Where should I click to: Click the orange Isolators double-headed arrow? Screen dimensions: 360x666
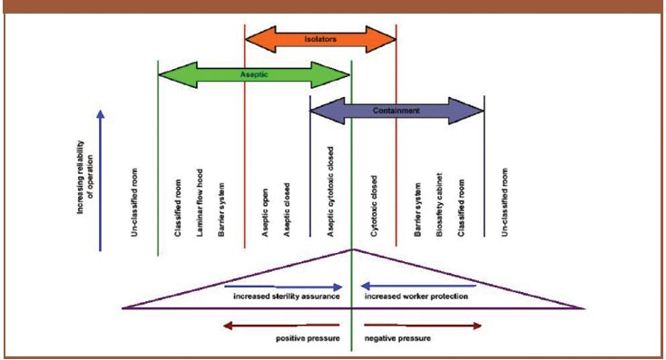click(x=321, y=39)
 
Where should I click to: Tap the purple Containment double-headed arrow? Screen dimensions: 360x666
click(x=397, y=111)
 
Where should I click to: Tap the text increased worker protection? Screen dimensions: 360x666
click(x=416, y=297)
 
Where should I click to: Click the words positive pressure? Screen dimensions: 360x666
click(x=309, y=337)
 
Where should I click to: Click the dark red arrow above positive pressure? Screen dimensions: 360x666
click(x=280, y=324)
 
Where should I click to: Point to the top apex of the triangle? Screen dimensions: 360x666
click(x=351, y=248)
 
